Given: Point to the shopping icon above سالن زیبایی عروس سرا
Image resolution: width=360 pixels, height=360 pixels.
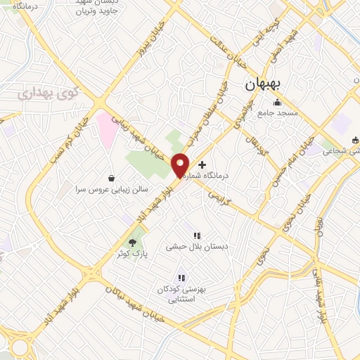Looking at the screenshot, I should (111, 179).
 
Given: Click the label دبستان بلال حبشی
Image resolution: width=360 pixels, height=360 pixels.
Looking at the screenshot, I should (189, 247).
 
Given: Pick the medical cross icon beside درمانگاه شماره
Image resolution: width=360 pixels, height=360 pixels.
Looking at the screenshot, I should (203, 164).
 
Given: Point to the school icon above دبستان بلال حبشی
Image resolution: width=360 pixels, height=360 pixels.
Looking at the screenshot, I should (197, 236).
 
